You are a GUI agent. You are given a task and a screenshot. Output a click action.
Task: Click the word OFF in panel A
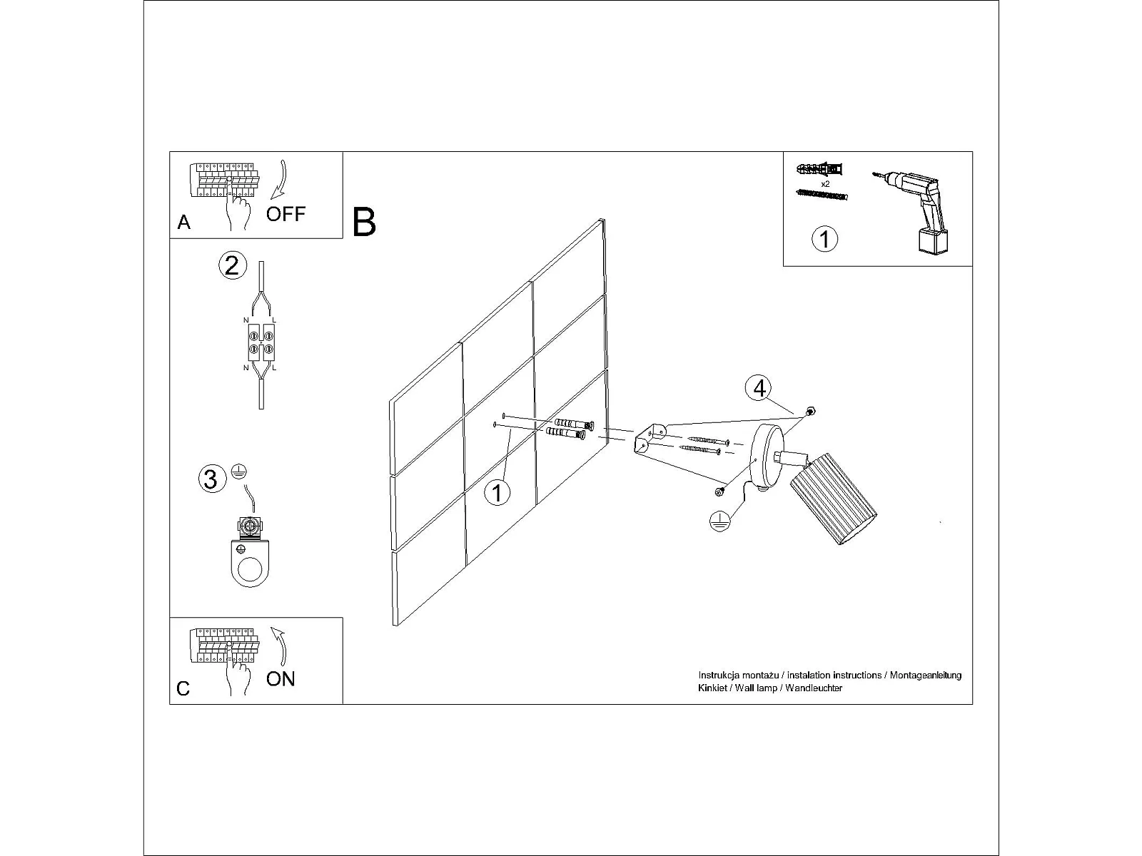click(x=285, y=213)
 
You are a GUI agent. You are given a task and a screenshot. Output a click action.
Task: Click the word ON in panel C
click(x=281, y=679)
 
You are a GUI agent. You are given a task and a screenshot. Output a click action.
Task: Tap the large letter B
click(x=364, y=222)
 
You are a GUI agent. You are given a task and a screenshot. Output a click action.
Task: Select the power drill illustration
click(x=915, y=211)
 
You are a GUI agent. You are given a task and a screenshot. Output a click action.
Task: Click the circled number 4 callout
click(x=759, y=388)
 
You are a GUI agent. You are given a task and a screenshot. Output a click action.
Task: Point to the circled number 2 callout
click(x=232, y=265)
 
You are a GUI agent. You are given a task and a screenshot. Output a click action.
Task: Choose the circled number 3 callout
click(x=212, y=479)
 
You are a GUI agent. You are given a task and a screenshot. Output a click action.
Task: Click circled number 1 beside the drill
click(x=824, y=239)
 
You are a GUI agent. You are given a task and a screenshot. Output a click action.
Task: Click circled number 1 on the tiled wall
click(x=497, y=492)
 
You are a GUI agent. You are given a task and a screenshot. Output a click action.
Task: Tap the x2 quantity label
click(x=825, y=183)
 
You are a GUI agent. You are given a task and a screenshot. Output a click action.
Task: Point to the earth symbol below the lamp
click(x=719, y=521)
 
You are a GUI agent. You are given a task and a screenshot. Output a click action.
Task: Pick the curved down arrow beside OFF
click(x=279, y=179)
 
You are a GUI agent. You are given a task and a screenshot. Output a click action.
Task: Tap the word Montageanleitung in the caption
click(x=925, y=675)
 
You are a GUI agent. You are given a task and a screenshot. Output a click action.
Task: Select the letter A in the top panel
click(x=183, y=223)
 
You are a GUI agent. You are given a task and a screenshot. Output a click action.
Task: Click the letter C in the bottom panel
click(x=183, y=688)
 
